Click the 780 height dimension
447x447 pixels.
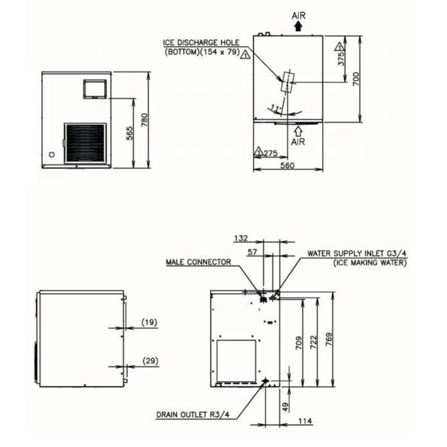click(x=144, y=120)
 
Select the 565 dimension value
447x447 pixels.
click(x=129, y=133)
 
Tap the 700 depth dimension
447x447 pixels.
click(x=356, y=79)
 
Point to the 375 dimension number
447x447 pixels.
click(x=341, y=58)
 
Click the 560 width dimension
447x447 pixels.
click(x=287, y=165)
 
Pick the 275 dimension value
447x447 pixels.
click(x=270, y=153)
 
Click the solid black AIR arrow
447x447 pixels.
click(x=298, y=27)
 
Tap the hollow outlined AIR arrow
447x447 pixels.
click(x=298, y=131)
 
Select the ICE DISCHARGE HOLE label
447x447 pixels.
click(x=201, y=43)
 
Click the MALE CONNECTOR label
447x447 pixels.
click(x=199, y=262)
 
